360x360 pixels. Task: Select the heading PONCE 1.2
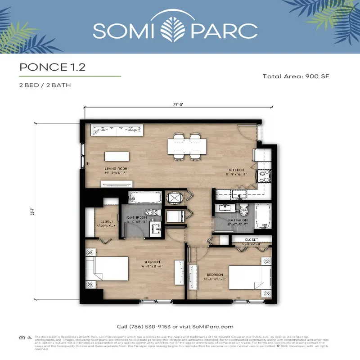click(x=52, y=67)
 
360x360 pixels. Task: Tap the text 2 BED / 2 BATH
click(x=45, y=85)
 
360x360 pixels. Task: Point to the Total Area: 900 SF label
click(x=296, y=76)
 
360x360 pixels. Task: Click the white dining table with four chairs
click(x=188, y=146)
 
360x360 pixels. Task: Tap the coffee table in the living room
click(x=117, y=156)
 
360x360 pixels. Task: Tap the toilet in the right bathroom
click(x=243, y=210)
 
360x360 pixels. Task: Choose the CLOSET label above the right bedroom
click(x=252, y=239)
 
